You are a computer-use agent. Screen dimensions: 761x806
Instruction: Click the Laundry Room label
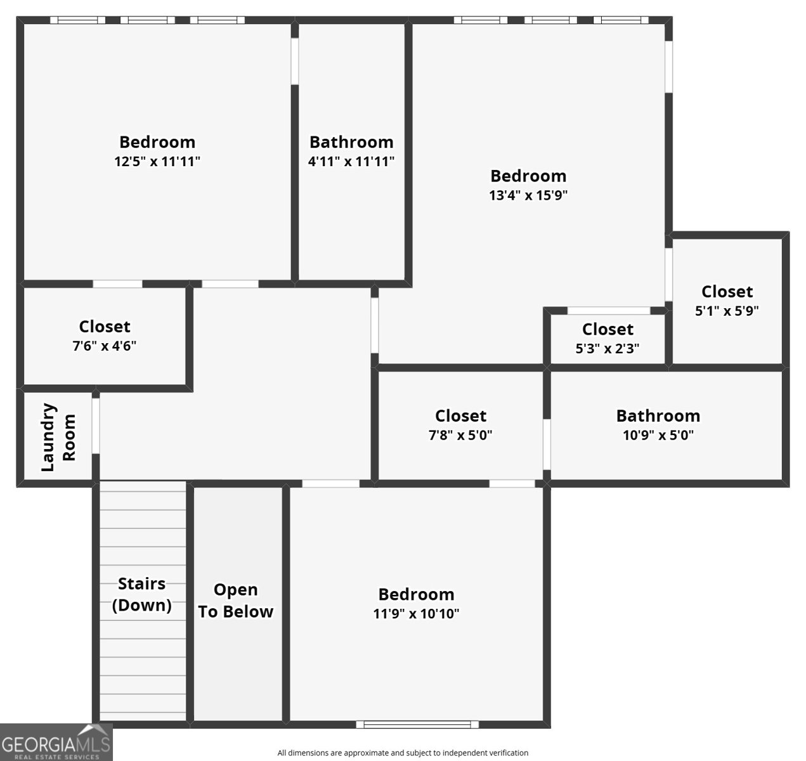click(58, 438)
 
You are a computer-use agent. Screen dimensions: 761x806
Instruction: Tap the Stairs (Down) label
click(142, 594)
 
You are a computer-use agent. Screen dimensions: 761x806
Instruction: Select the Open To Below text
click(236, 601)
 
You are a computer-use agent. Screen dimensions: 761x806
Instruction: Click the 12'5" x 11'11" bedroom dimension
click(157, 162)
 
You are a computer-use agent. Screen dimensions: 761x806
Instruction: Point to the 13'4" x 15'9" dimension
click(528, 195)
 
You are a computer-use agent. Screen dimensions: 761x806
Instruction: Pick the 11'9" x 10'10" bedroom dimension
click(416, 614)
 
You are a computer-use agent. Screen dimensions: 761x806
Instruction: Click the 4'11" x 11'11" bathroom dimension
click(351, 162)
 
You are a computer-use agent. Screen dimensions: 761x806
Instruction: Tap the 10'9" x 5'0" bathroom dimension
click(658, 436)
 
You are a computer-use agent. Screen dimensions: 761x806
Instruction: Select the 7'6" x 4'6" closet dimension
click(105, 346)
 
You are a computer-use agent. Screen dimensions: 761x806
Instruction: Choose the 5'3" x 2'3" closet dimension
click(608, 349)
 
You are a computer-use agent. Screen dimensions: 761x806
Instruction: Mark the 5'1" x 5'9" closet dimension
click(727, 311)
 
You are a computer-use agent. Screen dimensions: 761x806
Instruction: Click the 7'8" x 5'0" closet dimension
click(460, 436)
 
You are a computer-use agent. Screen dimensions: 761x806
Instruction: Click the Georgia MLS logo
click(56, 743)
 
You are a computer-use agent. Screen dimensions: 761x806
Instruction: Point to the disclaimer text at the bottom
click(403, 753)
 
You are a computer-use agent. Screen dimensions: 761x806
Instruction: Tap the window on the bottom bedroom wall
click(417, 724)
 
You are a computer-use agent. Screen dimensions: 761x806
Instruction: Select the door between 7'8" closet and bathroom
click(547, 443)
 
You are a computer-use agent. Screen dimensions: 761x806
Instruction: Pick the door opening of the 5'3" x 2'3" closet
click(609, 311)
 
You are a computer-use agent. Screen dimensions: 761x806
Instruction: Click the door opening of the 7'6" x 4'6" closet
click(117, 284)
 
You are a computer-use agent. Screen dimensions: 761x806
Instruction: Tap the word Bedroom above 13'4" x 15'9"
click(528, 176)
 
